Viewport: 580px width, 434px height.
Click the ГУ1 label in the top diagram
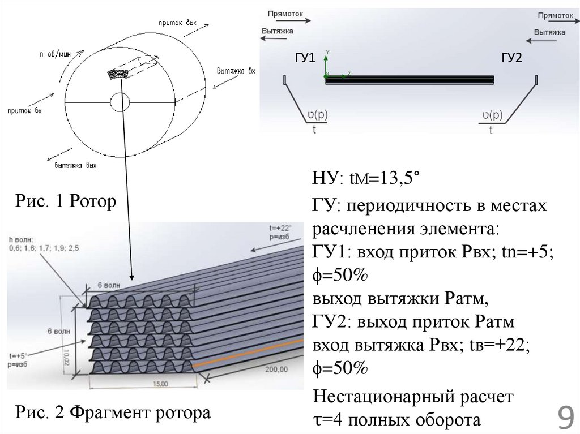(x=304, y=59)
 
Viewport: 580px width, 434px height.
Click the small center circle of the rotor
(x=120, y=102)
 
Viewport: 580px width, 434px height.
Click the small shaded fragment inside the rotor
(x=120, y=74)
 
